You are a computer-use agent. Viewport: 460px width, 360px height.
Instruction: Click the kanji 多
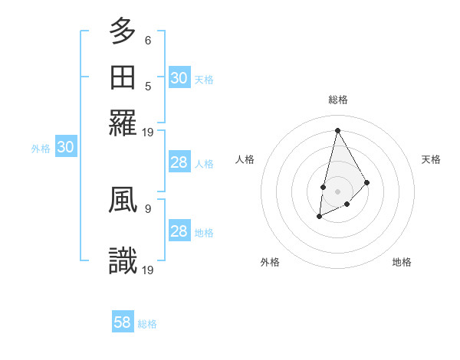coord(123,31)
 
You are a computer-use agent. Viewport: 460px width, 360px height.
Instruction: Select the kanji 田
coord(123,77)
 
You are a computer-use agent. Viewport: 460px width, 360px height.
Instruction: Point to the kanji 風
coord(123,198)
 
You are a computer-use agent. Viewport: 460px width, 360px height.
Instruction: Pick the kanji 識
coord(123,260)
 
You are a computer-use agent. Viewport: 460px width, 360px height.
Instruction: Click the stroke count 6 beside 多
coord(148,40)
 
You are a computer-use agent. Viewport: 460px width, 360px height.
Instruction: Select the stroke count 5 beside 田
coord(148,86)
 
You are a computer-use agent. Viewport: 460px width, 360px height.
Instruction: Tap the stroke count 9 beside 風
coord(148,207)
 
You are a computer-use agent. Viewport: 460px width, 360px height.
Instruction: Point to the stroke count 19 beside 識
coord(149,270)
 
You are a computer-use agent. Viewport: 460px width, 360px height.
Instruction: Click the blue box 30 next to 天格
coord(179,78)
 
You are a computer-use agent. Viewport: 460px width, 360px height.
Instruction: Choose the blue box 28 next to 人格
coord(179,162)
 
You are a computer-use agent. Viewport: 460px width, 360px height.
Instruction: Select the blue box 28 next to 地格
coord(179,231)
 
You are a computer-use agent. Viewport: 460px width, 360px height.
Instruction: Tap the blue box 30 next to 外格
coord(66,148)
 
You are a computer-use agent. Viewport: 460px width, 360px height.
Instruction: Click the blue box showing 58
coord(123,322)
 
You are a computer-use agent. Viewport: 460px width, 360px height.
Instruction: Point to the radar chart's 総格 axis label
coord(337,100)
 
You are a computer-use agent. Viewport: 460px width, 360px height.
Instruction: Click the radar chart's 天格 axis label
coord(431,159)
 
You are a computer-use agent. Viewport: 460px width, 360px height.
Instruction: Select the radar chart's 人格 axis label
coord(245,159)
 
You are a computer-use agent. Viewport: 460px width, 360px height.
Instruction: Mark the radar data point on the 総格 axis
coord(337,129)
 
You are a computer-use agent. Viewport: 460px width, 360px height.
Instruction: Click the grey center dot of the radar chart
coord(337,190)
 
